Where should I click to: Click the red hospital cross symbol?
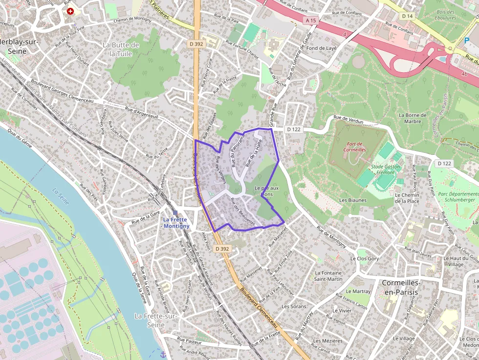pos(71,11)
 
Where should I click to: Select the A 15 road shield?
pos(310,21)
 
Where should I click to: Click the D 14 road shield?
pos(408,17)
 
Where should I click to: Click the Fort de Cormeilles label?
pos(355,147)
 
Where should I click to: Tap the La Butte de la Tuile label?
pos(121,49)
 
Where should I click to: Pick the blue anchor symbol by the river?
pos(163,354)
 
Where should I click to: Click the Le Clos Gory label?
pos(365,258)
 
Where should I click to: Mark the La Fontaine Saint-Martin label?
pos(328,276)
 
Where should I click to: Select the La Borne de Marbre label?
pos(413,118)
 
